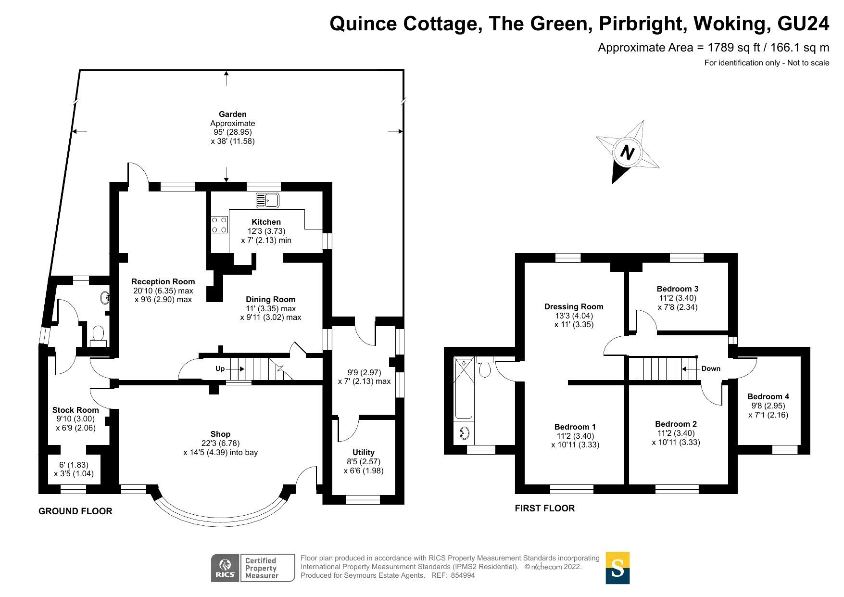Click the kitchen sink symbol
(x=267, y=200)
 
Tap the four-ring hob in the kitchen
(x=219, y=225)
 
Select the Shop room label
(x=220, y=434)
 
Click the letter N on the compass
(x=627, y=153)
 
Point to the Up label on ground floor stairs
(x=220, y=368)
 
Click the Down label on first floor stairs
(x=711, y=368)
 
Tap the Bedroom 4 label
(x=768, y=396)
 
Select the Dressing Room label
(x=574, y=306)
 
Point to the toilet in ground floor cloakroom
(x=98, y=333)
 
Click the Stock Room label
(x=76, y=410)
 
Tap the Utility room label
(x=363, y=452)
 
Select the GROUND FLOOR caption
(x=76, y=511)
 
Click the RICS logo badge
(x=225, y=568)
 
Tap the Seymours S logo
(x=617, y=568)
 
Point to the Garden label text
(x=232, y=114)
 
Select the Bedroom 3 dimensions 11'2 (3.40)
(x=678, y=298)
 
